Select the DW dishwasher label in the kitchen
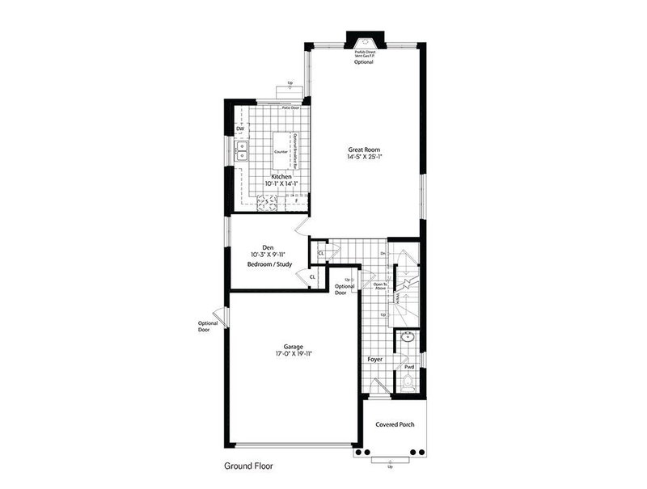[x=240, y=129]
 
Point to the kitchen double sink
[x=241, y=151]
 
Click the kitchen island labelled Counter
[x=281, y=151]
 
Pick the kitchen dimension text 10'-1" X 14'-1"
[x=281, y=184]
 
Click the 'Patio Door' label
[x=290, y=107]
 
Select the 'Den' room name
[x=269, y=247]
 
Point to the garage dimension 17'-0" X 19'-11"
[x=294, y=353]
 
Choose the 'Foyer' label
[x=375, y=354]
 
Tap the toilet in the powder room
[x=408, y=381]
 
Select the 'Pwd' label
[x=409, y=366]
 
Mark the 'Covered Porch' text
[x=395, y=424]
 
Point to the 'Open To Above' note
[x=379, y=285]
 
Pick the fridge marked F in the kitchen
[x=296, y=200]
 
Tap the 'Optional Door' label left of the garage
[x=208, y=327]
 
